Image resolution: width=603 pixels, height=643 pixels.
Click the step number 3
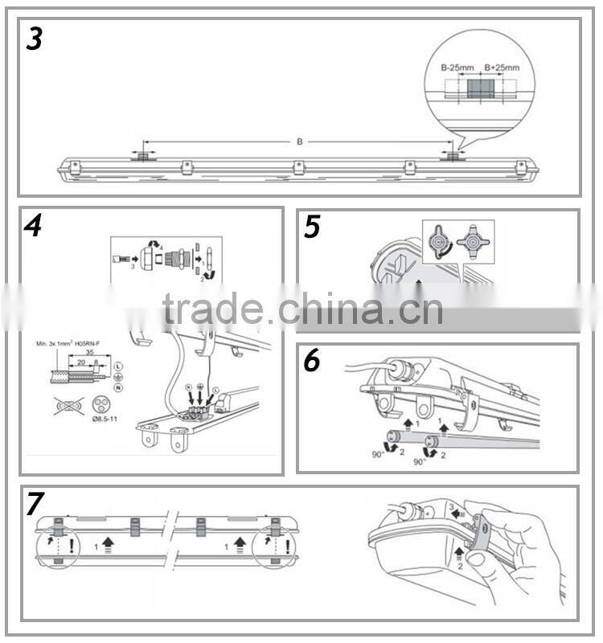pyautogui.click(x=34, y=38)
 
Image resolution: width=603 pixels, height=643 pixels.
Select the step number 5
pyautogui.click(x=312, y=228)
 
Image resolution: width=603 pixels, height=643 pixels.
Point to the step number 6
pyautogui.click(x=312, y=362)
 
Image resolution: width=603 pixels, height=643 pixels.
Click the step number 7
pyautogui.click(x=34, y=504)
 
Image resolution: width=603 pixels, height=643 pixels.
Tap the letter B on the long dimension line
pyautogui.click(x=299, y=141)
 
